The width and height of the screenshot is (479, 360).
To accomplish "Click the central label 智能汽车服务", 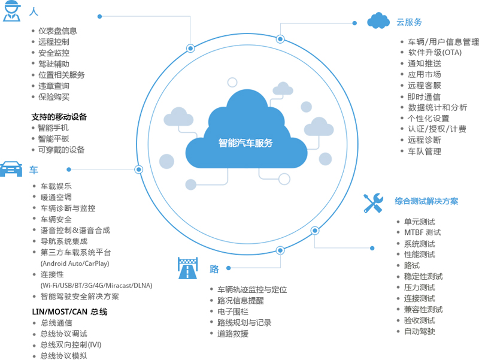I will (245, 143).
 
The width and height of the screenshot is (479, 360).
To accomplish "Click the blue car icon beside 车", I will (11, 168).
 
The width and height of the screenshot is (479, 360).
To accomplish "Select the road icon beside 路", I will (187, 268).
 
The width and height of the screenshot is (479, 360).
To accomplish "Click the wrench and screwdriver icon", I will (373, 202).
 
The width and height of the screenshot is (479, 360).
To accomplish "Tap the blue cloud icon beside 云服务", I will (378, 21).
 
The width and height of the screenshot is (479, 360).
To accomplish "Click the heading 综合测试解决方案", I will (426, 201).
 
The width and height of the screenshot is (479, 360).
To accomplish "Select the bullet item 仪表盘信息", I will (57, 31).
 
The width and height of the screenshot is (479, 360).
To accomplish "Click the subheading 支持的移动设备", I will (59, 117).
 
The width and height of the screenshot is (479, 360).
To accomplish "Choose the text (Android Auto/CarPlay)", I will (75, 263).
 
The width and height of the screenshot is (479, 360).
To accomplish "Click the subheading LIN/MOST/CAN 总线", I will (69, 312).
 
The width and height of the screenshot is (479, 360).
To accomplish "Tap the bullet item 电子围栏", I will (233, 311).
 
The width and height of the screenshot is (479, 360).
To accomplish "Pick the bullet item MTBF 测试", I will (422, 232).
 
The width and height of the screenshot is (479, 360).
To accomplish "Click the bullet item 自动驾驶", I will (419, 331).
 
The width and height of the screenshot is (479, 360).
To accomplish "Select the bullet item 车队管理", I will (424, 152).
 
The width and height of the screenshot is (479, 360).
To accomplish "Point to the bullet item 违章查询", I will (54, 86).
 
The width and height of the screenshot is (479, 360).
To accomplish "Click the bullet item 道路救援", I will (233, 334).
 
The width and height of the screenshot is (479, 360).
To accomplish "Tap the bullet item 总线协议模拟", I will (63, 355).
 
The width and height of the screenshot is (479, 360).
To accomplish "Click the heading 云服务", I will (409, 22).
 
